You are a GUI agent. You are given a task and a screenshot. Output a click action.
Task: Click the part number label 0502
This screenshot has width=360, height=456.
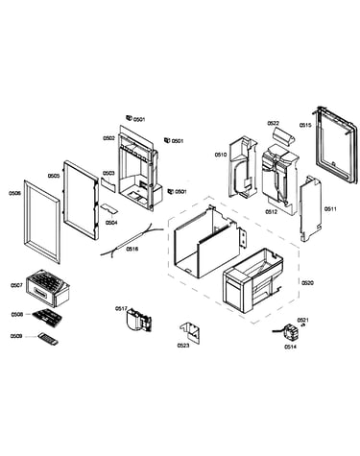(108, 138)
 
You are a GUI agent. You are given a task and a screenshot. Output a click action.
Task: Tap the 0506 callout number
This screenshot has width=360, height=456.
(15, 193)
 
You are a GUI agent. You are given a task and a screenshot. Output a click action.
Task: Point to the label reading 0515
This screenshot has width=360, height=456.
(305, 125)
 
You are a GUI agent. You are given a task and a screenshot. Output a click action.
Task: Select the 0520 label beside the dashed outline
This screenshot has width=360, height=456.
(307, 283)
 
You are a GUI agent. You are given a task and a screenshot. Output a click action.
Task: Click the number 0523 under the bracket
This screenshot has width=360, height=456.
(183, 346)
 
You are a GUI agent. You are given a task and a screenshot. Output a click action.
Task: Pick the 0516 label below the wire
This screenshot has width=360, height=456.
(132, 249)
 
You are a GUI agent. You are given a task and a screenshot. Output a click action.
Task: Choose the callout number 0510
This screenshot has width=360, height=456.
(221, 155)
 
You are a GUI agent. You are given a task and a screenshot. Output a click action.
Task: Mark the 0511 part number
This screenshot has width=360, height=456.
(330, 209)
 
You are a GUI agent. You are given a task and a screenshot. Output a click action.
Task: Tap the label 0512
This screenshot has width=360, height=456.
(272, 212)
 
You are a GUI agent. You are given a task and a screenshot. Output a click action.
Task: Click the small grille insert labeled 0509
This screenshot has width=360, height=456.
(48, 339)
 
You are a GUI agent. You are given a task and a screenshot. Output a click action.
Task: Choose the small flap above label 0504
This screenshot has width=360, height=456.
(109, 208)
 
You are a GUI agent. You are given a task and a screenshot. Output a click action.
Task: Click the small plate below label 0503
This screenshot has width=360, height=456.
(108, 185)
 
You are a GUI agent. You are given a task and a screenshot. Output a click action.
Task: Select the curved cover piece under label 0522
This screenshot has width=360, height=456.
(283, 136)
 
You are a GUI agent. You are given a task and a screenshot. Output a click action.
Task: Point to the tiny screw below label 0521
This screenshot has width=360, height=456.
(302, 325)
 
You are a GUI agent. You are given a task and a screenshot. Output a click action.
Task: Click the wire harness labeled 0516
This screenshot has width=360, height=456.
(132, 240)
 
